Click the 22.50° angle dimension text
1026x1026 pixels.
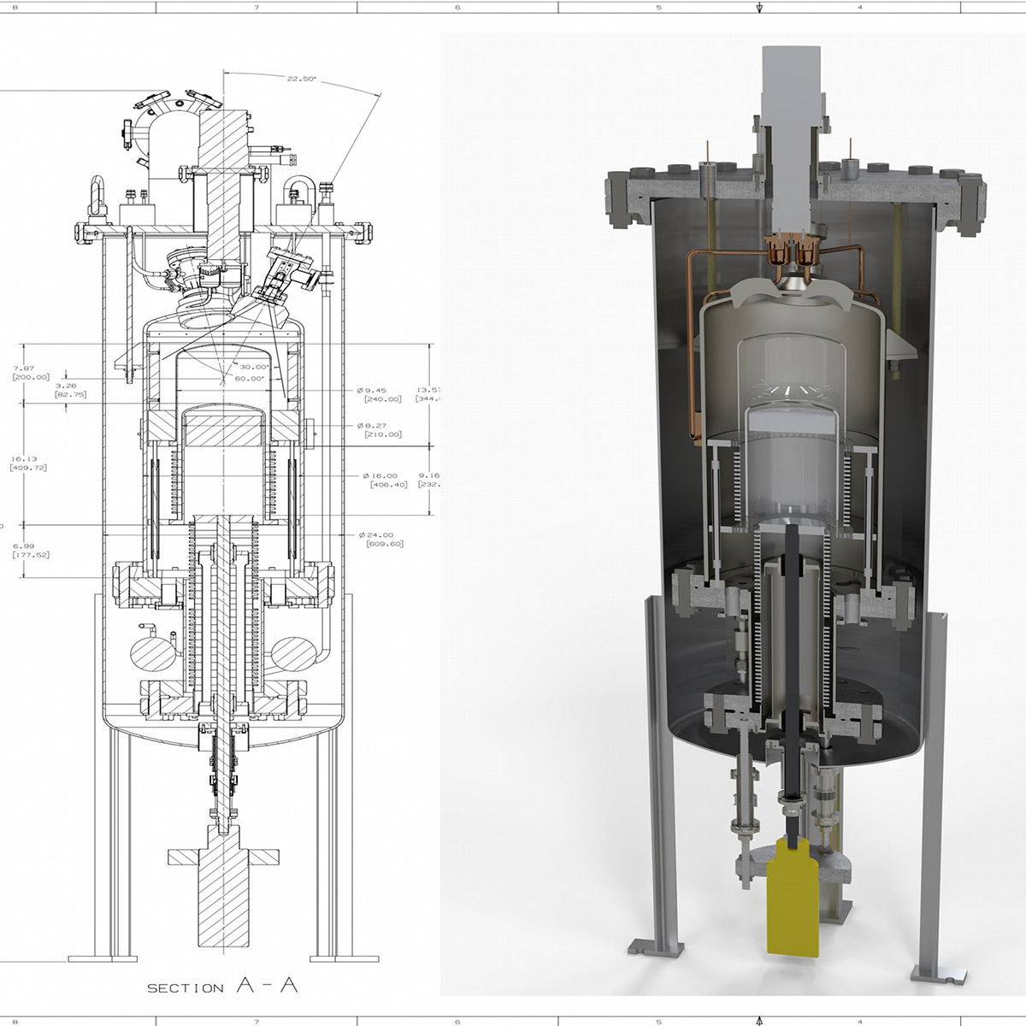point(301,78)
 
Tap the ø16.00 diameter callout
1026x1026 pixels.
point(380,475)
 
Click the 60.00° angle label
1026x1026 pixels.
point(249,378)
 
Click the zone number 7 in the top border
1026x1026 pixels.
point(256,8)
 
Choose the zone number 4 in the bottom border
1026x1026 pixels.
point(859,1021)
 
